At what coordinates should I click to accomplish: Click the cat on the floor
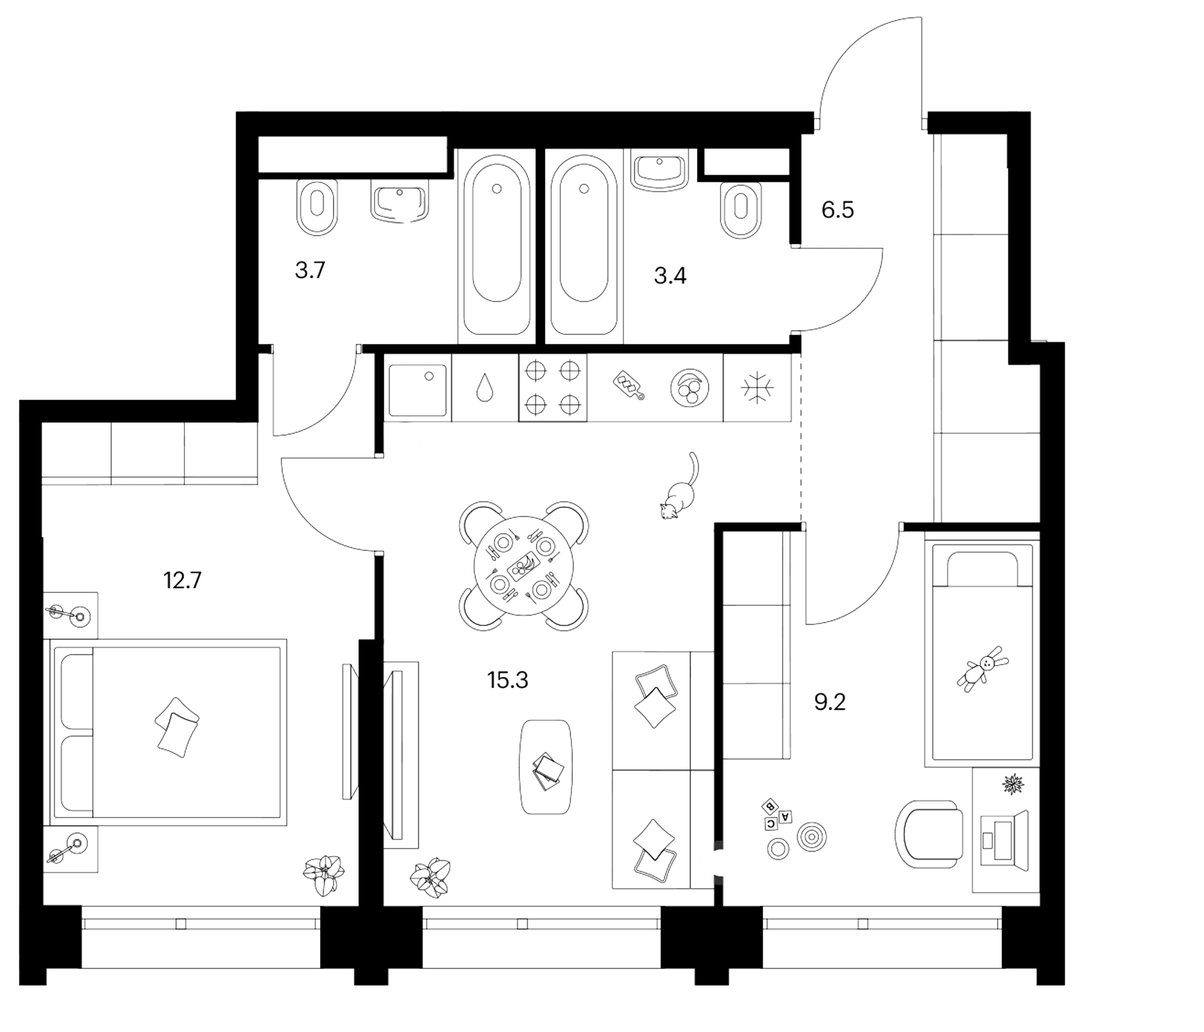pyautogui.click(x=679, y=491)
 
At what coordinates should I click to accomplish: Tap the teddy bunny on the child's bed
pyautogui.click(x=983, y=669)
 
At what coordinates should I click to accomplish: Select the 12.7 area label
pyautogui.click(x=182, y=580)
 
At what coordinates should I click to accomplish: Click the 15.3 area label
pyautogui.click(x=508, y=680)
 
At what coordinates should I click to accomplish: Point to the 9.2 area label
pyautogui.click(x=830, y=702)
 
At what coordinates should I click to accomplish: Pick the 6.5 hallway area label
pyautogui.click(x=838, y=209)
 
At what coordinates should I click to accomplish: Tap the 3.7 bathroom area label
pyautogui.click(x=310, y=270)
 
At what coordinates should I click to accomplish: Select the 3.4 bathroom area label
pyautogui.click(x=670, y=275)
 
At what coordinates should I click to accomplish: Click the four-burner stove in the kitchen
pyautogui.click(x=553, y=388)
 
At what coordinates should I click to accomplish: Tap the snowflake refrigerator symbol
pyautogui.click(x=757, y=388)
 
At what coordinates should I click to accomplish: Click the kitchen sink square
pyautogui.click(x=418, y=390)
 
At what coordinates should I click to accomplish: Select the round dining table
pyautogui.click(x=523, y=566)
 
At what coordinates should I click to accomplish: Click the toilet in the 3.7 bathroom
pyautogui.click(x=316, y=208)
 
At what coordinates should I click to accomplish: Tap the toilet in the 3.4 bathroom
pyautogui.click(x=740, y=210)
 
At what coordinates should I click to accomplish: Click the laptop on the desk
pyautogui.click(x=1004, y=841)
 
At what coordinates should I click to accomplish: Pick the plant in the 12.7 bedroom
pyautogui.click(x=324, y=874)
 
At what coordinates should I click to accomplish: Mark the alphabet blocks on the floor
pyautogui.click(x=777, y=814)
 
